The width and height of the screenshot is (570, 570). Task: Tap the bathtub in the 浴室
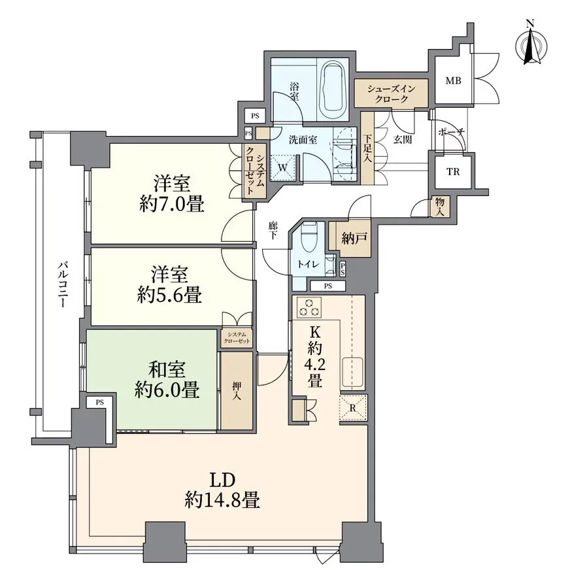(x=333, y=88)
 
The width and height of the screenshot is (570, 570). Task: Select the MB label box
(x=453, y=81)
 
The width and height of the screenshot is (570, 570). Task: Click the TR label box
(x=452, y=173)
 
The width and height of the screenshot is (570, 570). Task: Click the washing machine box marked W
(x=282, y=167)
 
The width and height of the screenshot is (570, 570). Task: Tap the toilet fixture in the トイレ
(x=309, y=235)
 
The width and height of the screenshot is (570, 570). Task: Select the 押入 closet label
(x=237, y=390)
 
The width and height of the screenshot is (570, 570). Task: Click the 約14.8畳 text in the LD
(x=222, y=501)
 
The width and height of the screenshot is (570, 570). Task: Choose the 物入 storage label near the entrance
(x=441, y=207)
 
